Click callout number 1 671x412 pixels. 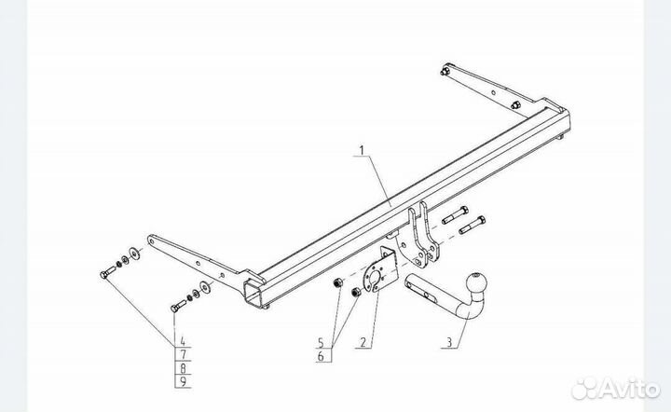(362, 151)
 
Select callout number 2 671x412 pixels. (363, 342)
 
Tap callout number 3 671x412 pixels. (449, 342)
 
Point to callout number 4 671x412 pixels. (183, 341)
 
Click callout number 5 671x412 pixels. (321, 342)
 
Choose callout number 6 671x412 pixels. (321, 355)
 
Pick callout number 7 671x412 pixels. (184, 354)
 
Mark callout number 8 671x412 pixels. (184, 368)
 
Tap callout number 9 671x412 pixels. (184, 381)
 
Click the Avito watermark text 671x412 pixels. (629, 389)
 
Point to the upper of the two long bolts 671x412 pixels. (455, 215)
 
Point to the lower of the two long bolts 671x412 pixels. (472, 225)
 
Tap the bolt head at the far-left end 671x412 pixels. (103, 275)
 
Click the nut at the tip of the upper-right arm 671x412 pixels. (445, 72)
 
